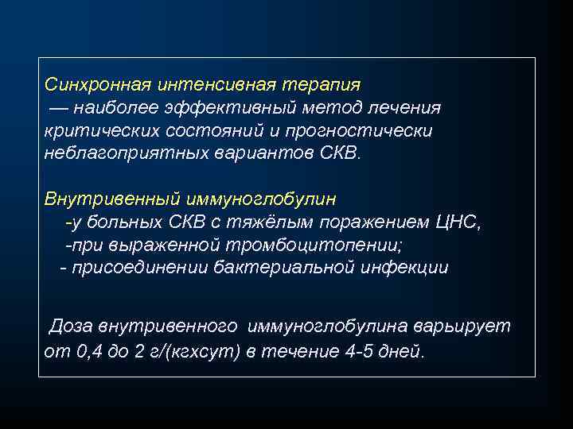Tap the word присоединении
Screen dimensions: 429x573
point(140,268)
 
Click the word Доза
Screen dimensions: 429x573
point(73,327)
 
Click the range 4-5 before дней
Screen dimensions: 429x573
point(358,350)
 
